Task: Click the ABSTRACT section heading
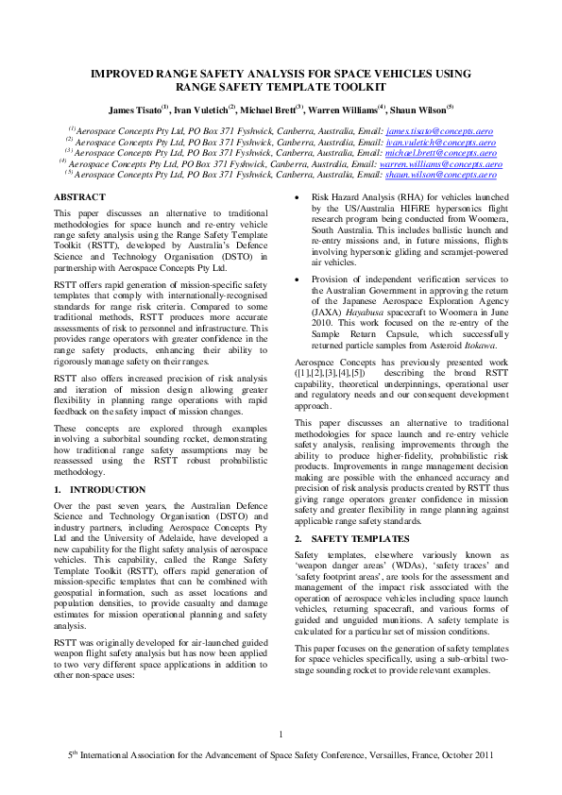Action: point(79,195)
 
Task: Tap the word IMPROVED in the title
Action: point(126,72)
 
